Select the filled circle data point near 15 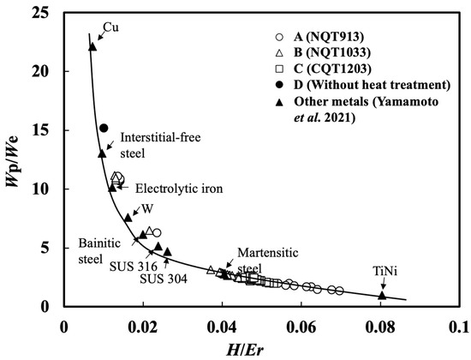tap(104, 128)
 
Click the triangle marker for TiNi tap(382, 296)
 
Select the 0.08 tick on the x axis tap(381, 327)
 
